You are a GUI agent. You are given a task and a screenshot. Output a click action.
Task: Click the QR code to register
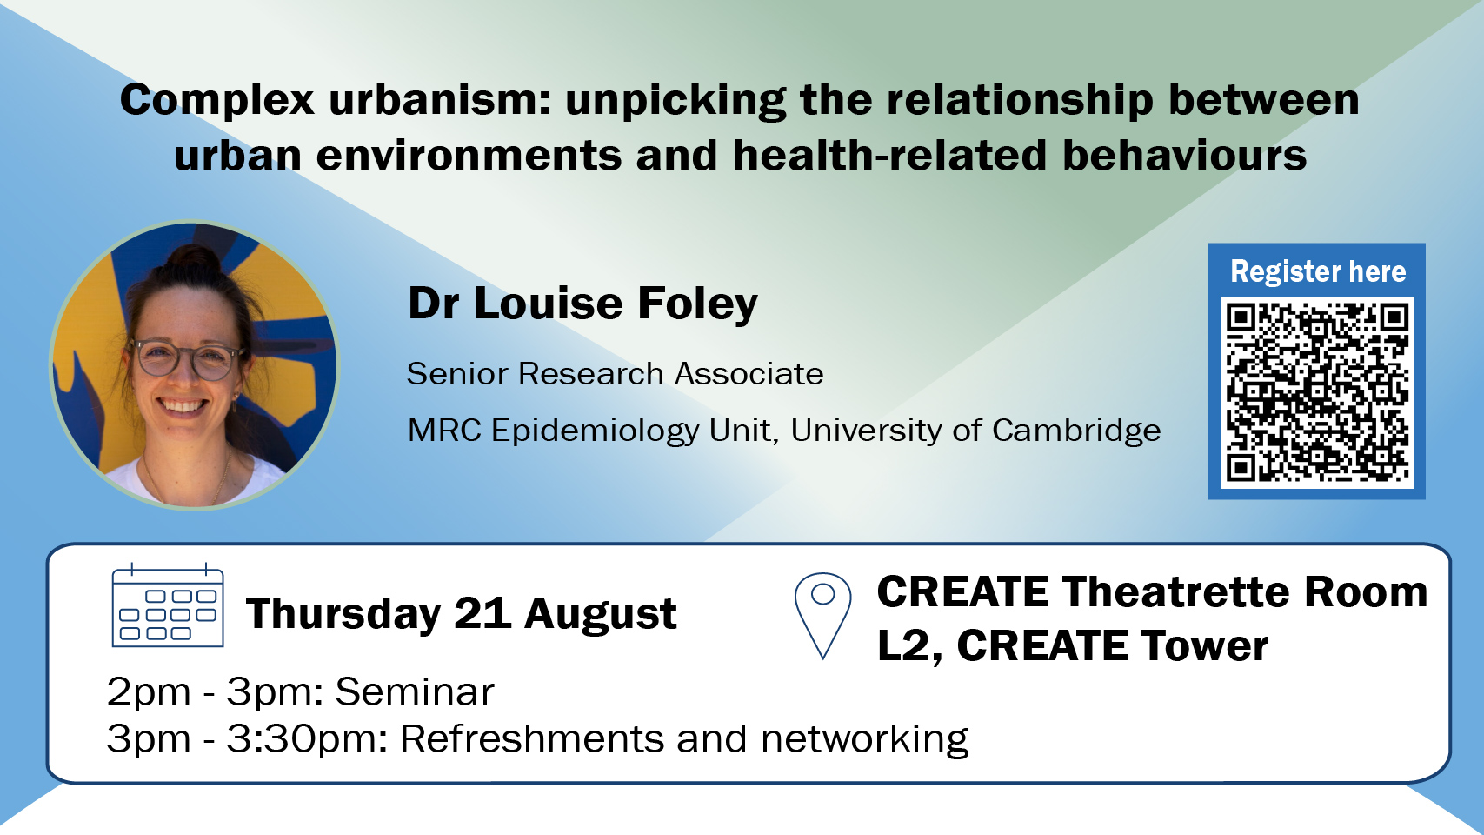[1317, 391]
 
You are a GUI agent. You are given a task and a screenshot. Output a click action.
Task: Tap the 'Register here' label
[1318, 271]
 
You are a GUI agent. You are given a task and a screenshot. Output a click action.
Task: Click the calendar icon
[168, 605]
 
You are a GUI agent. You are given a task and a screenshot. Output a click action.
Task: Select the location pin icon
[822, 616]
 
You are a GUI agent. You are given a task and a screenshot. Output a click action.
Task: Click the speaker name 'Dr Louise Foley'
[582, 304]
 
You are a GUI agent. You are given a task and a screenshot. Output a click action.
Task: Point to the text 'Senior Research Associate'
[615, 374]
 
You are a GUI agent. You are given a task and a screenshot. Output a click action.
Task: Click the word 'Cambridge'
[1076, 430]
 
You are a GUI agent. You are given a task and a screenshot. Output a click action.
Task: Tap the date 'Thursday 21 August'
[461, 614]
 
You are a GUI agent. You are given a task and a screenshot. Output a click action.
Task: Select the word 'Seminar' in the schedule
[415, 691]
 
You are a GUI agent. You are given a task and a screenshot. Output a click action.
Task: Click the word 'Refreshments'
[531, 739]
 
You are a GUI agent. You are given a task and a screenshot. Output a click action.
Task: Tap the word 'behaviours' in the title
[1185, 156]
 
